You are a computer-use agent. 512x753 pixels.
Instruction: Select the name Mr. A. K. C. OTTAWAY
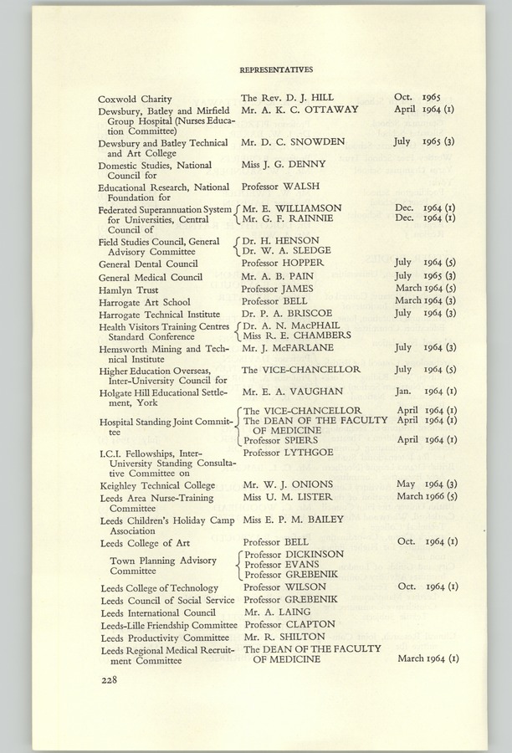(x=299, y=110)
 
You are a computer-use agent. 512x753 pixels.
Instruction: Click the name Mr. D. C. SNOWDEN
(x=292, y=142)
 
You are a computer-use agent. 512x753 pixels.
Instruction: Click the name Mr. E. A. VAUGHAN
(x=292, y=391)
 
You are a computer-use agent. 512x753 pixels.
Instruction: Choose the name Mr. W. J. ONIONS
(x=287, y=484)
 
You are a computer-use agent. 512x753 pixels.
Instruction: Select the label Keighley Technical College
(x=156, y=485)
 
